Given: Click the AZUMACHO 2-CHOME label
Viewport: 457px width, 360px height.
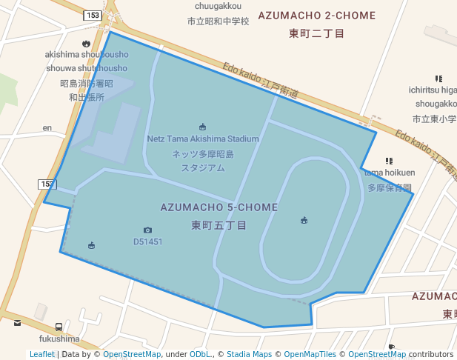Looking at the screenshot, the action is click(x=316, y=16).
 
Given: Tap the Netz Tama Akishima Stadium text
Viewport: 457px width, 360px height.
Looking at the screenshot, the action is click(x=203, y=139).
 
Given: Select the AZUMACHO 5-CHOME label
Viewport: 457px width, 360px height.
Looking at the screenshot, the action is click(x=219, y=207).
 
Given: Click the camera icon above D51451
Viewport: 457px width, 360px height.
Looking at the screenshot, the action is click(x=147, y=230).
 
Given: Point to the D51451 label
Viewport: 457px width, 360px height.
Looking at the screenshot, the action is click(x=147, y=241).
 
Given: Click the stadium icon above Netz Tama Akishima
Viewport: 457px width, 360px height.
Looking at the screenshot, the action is click(x=203, y=127).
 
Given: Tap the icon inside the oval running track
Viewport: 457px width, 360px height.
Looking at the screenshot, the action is click(x=304, y=220).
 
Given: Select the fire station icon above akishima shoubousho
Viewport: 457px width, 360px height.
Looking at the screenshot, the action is click(x=87, y=43).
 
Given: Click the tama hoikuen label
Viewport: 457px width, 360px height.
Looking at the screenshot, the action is click(x=390, y=173).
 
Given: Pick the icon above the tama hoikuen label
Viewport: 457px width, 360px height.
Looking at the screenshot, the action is click(x=389, y=161).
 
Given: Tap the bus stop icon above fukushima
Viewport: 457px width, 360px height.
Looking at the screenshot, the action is click(x=59, y=327).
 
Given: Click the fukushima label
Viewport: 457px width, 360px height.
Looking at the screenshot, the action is click(x=59, y=339).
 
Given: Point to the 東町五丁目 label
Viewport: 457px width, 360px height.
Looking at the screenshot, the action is click(x=219, y=224).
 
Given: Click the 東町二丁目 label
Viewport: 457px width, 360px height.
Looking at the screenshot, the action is click(x=316, y=33).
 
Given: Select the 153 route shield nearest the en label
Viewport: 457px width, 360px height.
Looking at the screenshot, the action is click(x=47, y=184).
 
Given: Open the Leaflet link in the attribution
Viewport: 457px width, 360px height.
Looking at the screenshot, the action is click(x=41, y=354).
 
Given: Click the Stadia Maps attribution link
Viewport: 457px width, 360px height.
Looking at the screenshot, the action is click(x=249, y=354).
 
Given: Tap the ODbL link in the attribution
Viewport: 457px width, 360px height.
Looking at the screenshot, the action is click(x=201, y=354).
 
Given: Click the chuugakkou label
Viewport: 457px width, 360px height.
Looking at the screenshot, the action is click(x=219, y=6).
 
